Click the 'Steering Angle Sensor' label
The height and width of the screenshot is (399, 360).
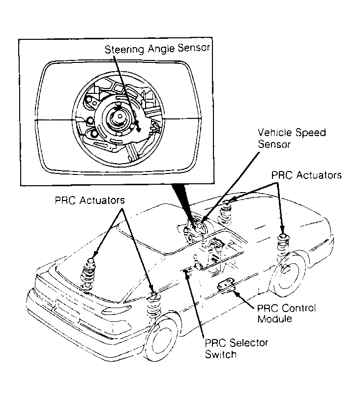(157, 49)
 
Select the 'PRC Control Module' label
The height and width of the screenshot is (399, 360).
(286, 313)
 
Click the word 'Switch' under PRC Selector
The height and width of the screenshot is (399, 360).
(222, 353)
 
